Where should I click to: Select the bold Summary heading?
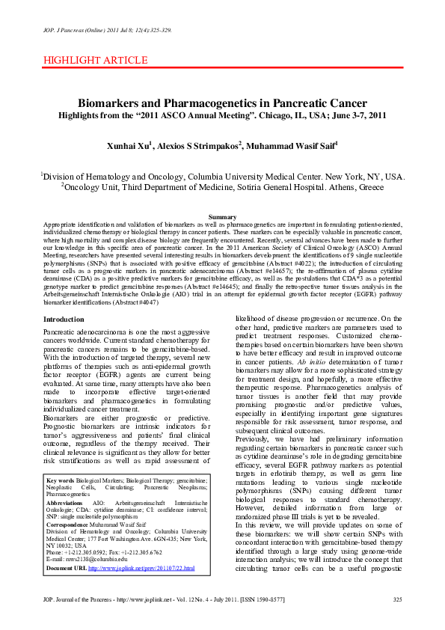point(222,217)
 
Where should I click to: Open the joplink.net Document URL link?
point(141,590)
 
